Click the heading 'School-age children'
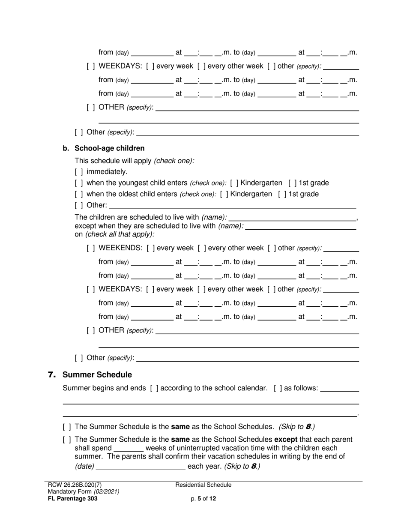pos(109,148)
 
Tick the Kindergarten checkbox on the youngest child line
pos(234,183)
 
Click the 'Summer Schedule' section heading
pos(97,375)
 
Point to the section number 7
pos(52,375)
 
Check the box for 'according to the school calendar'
pos(154,388)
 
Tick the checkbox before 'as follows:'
pos(278,388)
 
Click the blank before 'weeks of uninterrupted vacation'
pos(129,448)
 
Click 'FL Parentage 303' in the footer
pos(73,499)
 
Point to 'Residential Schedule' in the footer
pos(203,485)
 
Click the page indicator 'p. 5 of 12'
pos(203,499)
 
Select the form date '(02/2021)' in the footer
pos(107,492)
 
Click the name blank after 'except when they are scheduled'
pos(300,226)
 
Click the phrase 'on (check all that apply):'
pos(114,234)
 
